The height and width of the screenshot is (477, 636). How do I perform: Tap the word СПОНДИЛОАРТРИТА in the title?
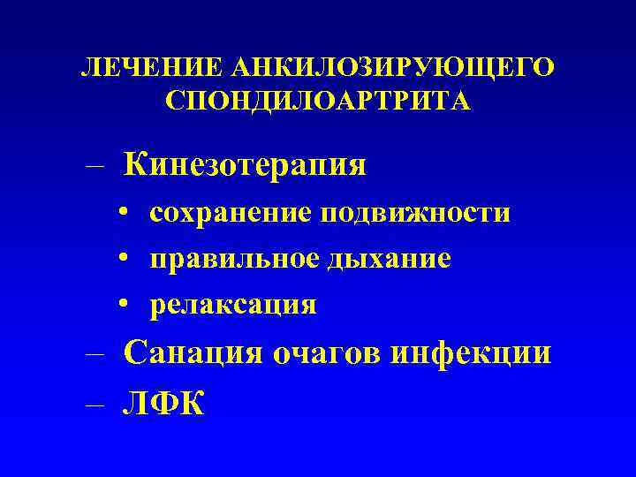(x=318, y=100)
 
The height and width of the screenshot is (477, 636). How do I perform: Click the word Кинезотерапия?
(x=246, y=164)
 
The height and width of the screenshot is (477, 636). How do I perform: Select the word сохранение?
(x=231, y=213)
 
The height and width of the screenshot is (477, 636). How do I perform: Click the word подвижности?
(x=415, y=213)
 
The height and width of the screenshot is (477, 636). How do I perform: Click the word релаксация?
(x=233, y=305)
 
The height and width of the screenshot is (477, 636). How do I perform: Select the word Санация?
(x=193, y=353)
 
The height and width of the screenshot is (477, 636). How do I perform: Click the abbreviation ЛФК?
(x=164, y=403)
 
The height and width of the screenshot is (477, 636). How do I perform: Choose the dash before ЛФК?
(x=95, y=405)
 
